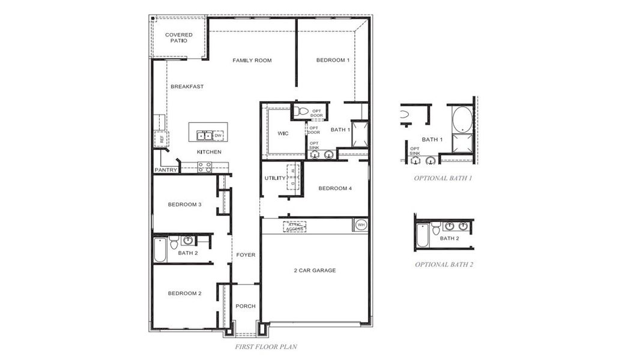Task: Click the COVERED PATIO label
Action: [179, 38]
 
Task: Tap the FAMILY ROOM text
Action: [252, 60]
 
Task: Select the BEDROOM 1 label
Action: [333, 60]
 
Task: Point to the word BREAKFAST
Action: [187, 86]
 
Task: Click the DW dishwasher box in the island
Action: [219, 136]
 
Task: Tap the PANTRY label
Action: [166, 170]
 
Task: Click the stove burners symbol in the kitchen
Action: [205, 167]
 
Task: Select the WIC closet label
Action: [283, 133]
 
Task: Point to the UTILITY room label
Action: [275, 178]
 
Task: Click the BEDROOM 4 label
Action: [334, 188]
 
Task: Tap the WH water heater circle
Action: [361, 225]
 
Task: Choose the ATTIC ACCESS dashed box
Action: [295, 227]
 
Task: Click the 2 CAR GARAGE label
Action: [315, 271]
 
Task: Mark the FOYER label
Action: [245, 255]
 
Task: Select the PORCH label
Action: [245, 306]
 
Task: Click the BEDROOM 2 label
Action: [184, 293]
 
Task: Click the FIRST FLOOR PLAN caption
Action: [266, 346]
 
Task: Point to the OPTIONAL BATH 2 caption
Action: [444, 264]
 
